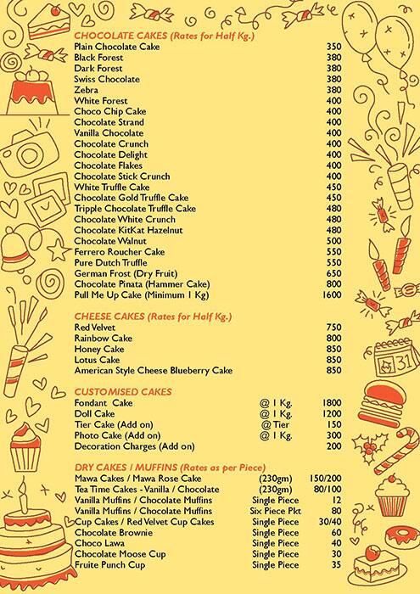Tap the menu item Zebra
coord(87,90)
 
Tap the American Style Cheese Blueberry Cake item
coord(153,371)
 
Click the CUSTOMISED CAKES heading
coord(112,391)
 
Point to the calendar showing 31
coord(391,363)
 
